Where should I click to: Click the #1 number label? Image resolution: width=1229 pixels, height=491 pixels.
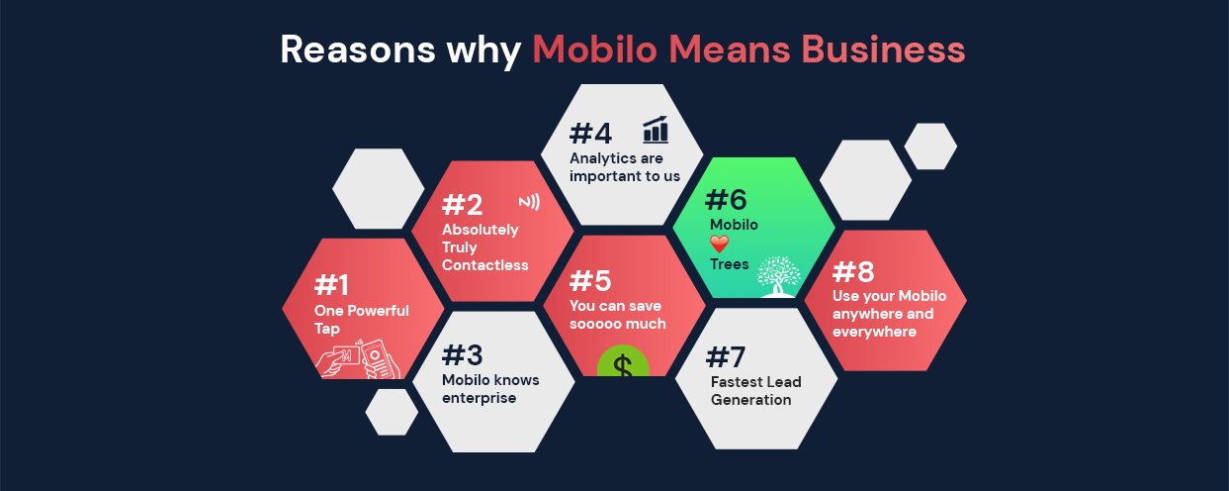[332, 285]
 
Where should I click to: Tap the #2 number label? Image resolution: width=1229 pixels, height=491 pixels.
[463, 204]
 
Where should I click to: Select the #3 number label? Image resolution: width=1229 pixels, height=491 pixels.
[463, 354]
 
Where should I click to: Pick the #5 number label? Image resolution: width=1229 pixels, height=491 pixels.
[590, 281]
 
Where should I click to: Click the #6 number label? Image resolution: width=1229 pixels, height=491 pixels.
[726, 199]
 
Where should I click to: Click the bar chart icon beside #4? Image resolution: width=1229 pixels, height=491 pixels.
[656, 130]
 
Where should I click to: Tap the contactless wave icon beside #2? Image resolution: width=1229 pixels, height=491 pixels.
[529, 202]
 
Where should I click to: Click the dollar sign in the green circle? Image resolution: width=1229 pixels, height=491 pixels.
[623, 365]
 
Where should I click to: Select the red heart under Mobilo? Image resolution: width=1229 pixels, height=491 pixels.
[720, 244]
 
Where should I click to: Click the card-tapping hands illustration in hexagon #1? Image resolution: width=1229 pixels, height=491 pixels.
[358, 358]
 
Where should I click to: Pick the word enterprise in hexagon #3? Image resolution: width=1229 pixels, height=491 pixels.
[479, 398]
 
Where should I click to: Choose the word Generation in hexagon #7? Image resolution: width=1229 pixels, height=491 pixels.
[750, 400]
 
